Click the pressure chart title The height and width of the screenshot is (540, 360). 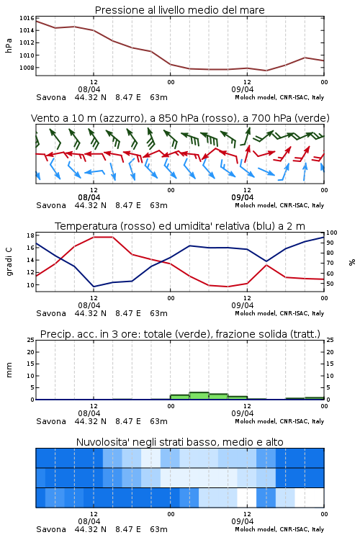[179, 10]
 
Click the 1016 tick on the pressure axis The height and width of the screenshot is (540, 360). [27, 18]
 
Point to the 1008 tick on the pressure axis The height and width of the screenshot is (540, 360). [27, 68]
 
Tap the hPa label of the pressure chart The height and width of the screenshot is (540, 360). [9, 45]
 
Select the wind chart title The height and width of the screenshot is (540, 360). [180, 118]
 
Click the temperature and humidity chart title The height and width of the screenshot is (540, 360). [180, 226]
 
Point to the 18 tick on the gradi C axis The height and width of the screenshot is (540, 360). [30, 235]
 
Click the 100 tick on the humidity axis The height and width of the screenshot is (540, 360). [331, 233]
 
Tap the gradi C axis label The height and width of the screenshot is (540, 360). [9, 261]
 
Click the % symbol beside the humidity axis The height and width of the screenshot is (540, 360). [352, 262]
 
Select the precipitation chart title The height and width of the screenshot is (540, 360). [180, 334]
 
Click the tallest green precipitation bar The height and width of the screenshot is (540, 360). [199, 396]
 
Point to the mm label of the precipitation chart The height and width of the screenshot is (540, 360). [9, 370]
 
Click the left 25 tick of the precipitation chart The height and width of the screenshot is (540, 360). [30, 340]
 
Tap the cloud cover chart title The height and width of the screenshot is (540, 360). [179, 442]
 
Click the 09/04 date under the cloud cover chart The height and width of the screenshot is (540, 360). [243, 521]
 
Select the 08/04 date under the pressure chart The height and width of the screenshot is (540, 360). [89, 89]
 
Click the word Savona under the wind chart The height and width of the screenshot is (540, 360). [51, 205]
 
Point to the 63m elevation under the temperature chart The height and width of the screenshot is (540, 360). [158, 313]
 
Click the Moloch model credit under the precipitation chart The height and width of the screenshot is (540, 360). [279, 421]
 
